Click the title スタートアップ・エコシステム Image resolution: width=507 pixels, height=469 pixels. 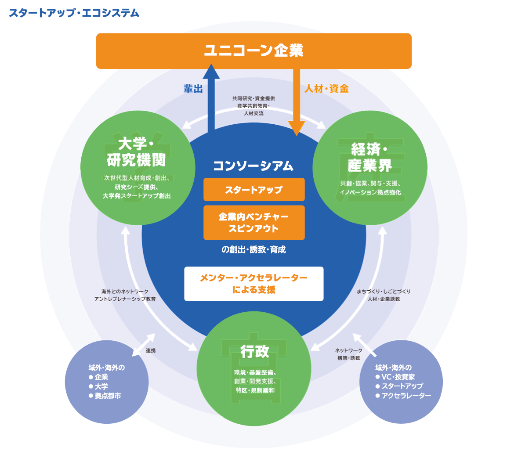pyautogui.click(x=74, y=13)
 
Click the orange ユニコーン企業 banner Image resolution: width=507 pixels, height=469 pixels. pyautogui.click(x=253, y=51)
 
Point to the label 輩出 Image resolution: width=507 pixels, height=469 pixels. pyautogui.click(x=193, y=89)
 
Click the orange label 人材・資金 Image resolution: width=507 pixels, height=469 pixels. pyautogui.click(x=326, y=89)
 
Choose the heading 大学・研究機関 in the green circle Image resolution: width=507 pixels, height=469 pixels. pyautogui.click(x=136, y=152)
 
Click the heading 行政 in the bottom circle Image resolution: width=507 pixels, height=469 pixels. pyautogui.click(x=254, y=351)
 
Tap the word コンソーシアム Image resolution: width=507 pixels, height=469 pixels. pyautogui.click(x=253, y=166)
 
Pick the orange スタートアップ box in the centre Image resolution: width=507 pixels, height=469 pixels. pyautogui.click(x=254, y=190)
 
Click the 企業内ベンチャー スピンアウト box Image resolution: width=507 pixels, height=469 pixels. pyautogui.click(x=254, y=223)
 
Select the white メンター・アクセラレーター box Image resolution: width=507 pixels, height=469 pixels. pyautogui.click(x=254, y=284)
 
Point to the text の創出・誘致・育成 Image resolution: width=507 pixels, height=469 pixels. pyautogui.click(x=253, y=249)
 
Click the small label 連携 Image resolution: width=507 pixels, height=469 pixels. pyautogui.click(x=151, y=350)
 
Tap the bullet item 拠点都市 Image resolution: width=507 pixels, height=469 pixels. pyautogui.click(x=108, y=396)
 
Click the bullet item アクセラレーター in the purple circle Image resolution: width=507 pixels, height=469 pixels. pyautogui.click(x=406, y=396)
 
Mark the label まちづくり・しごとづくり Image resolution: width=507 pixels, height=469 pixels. pyautogui.click(x=384, y=291)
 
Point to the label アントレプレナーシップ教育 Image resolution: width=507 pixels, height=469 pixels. pyautogui.click(x=125, y=299)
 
